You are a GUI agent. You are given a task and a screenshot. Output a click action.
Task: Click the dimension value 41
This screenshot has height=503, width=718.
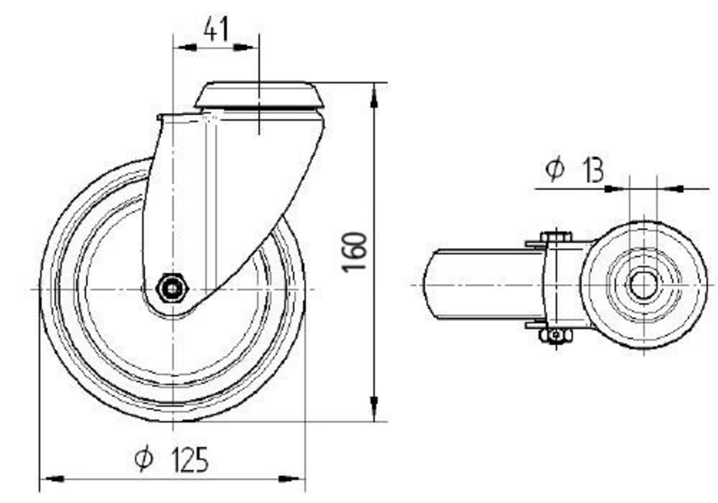click(x=215, y=30)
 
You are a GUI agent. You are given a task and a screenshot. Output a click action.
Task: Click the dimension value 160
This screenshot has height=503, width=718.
click(x=355, y=251)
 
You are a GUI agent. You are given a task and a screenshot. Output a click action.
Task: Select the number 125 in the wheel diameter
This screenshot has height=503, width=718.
click(x=190, y=459)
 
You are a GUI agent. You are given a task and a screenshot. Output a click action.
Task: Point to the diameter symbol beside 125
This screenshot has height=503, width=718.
click(x=144, y=458)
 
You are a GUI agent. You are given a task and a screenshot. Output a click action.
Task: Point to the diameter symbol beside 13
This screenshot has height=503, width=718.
click(x=555, y=169)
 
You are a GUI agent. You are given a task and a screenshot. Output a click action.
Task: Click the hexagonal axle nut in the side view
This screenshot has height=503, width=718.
click(x=172, y=288)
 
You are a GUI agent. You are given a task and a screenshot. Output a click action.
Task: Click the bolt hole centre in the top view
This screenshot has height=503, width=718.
click(x=643, y=285)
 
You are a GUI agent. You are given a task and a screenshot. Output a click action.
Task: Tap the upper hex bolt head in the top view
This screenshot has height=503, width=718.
click(x=556, y=237)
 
